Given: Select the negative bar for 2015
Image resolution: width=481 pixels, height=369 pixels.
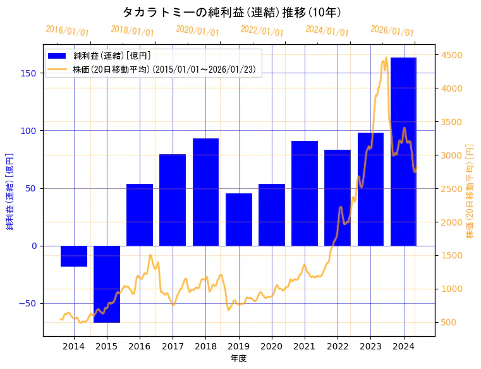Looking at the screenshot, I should (x=107, y=284).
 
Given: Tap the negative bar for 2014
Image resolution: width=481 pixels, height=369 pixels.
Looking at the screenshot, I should (x=74, y=256).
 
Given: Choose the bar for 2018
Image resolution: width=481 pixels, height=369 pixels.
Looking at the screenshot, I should (x=206, y=192).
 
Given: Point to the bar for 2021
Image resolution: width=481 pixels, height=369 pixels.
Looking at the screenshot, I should (x=305, y=193).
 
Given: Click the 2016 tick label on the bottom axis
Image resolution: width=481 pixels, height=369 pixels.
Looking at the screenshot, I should (x=140, y=346).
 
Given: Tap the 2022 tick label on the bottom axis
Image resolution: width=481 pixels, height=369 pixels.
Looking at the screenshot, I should (x=338, y=346).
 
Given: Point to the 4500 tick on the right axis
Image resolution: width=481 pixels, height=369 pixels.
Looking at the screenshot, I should (x=453, y=55).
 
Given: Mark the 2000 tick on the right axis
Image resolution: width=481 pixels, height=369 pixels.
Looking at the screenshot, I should (x=453, y=222).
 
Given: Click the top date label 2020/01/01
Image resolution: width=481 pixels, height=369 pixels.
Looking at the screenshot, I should (x=197, y=30).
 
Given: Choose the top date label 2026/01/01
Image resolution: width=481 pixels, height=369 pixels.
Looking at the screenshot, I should (x=392, y=30).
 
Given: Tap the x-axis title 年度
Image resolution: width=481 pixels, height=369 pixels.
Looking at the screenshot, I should (x=238, y=358).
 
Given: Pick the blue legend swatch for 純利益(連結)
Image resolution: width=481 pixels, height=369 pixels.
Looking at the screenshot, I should (x=59, y=56).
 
